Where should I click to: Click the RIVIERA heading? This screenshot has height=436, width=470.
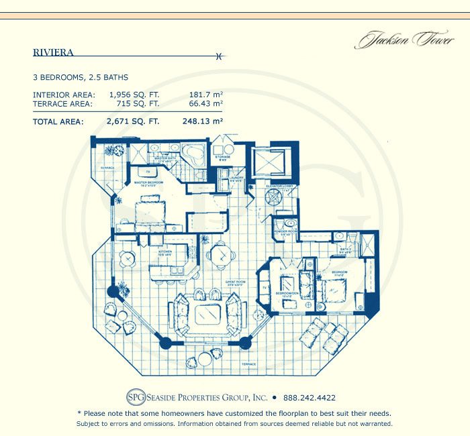pyautogui.click(x=53, y=52)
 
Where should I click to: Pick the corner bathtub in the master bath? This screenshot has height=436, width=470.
pyautogui.click(x=195, y=154)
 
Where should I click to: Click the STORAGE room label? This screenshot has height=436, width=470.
pyautogui.click(x=222, y=159)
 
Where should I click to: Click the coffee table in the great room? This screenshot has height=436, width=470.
pyautogui.click(x=207, y=314)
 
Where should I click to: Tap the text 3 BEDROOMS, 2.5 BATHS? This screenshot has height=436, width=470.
pyautogui.click(x=81, y=78)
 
